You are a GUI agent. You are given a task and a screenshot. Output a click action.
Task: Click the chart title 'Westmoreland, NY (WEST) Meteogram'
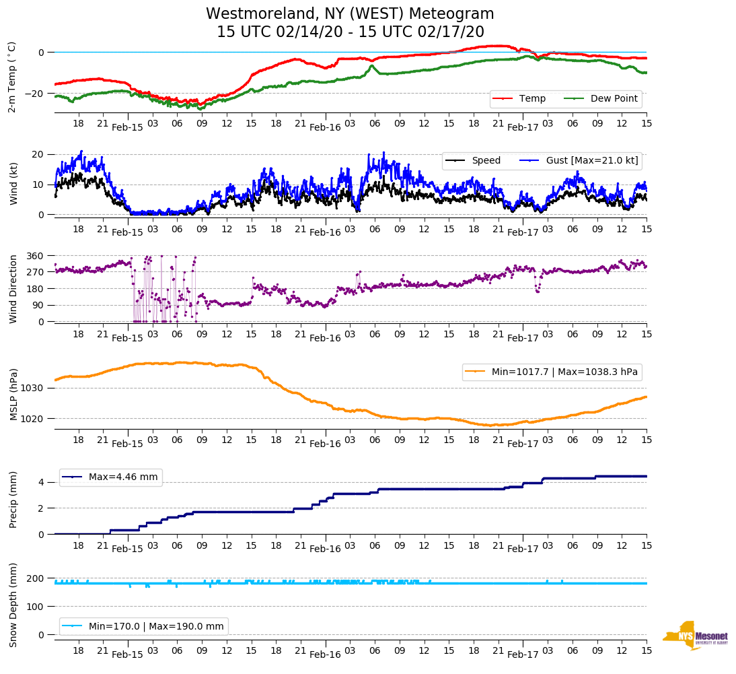coord(350,14)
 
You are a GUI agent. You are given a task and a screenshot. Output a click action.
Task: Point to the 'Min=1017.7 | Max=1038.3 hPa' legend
coord(552,372)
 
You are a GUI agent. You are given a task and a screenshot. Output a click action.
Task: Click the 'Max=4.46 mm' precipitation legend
coord(111,477)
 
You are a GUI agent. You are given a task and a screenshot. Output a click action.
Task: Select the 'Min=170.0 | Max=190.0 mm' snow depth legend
coord(144,626)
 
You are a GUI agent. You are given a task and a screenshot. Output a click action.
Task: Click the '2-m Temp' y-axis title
coord(12,76)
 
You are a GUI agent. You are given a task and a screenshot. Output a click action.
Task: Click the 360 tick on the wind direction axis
coord(35,256)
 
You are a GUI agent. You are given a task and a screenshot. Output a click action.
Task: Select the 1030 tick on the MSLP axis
coord(32,388)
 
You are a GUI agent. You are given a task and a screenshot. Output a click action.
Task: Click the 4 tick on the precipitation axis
coord(41,482)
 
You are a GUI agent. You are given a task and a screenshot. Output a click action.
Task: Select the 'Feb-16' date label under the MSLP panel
coord(325,444)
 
